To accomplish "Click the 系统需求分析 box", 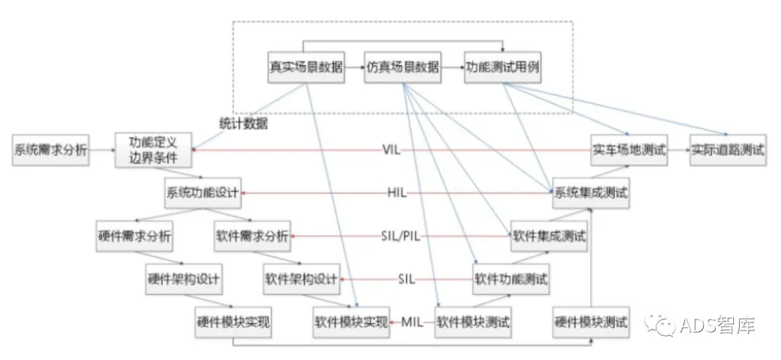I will pos(51,151).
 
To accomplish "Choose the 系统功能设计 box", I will pos(202,194).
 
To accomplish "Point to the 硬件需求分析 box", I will pos(134,236).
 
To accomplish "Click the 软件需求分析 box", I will pos(252,236).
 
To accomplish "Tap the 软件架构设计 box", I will pos(302,279).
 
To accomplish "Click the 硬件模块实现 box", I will pos(233,322).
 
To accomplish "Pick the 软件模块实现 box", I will pos(351,322).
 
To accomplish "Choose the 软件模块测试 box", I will pos(473,322).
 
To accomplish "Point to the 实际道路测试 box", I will pos(727,151).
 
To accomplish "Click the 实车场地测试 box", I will pos(628,151).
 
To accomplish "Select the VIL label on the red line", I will pos(391,151).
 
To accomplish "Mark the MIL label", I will pos(411,322).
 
